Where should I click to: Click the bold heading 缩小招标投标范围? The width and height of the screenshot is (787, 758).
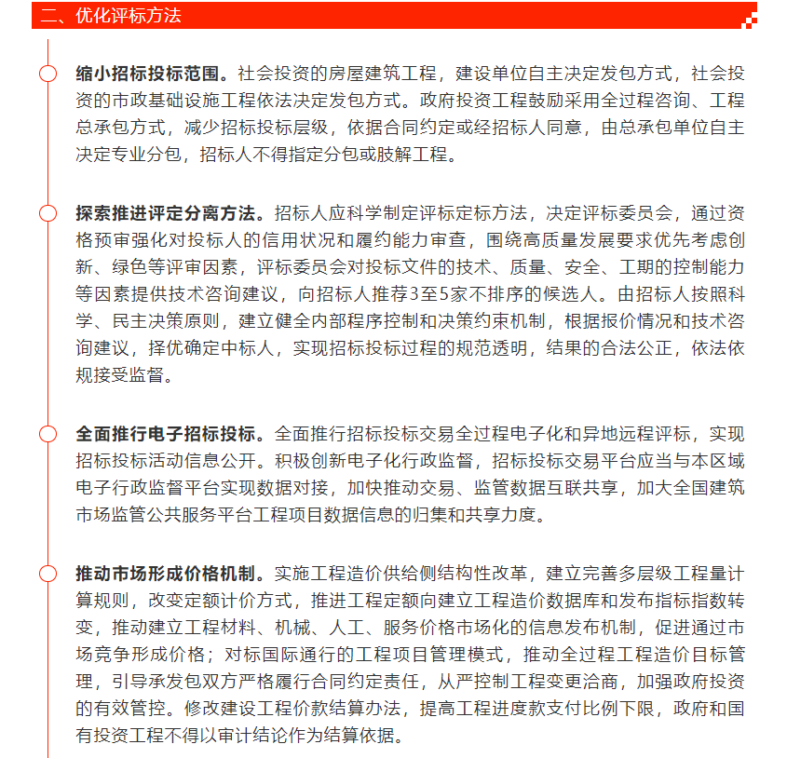pos(149,72)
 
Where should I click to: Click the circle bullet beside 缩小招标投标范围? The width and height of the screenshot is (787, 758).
pos(47,73)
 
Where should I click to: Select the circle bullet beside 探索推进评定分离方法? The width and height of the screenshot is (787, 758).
pos(47,213)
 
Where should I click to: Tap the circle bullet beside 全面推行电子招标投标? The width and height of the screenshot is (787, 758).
pos(47,434)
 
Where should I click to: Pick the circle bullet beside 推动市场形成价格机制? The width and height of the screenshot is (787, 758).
pos(47,572)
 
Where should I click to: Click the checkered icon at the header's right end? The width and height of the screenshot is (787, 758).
pos(748,19)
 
